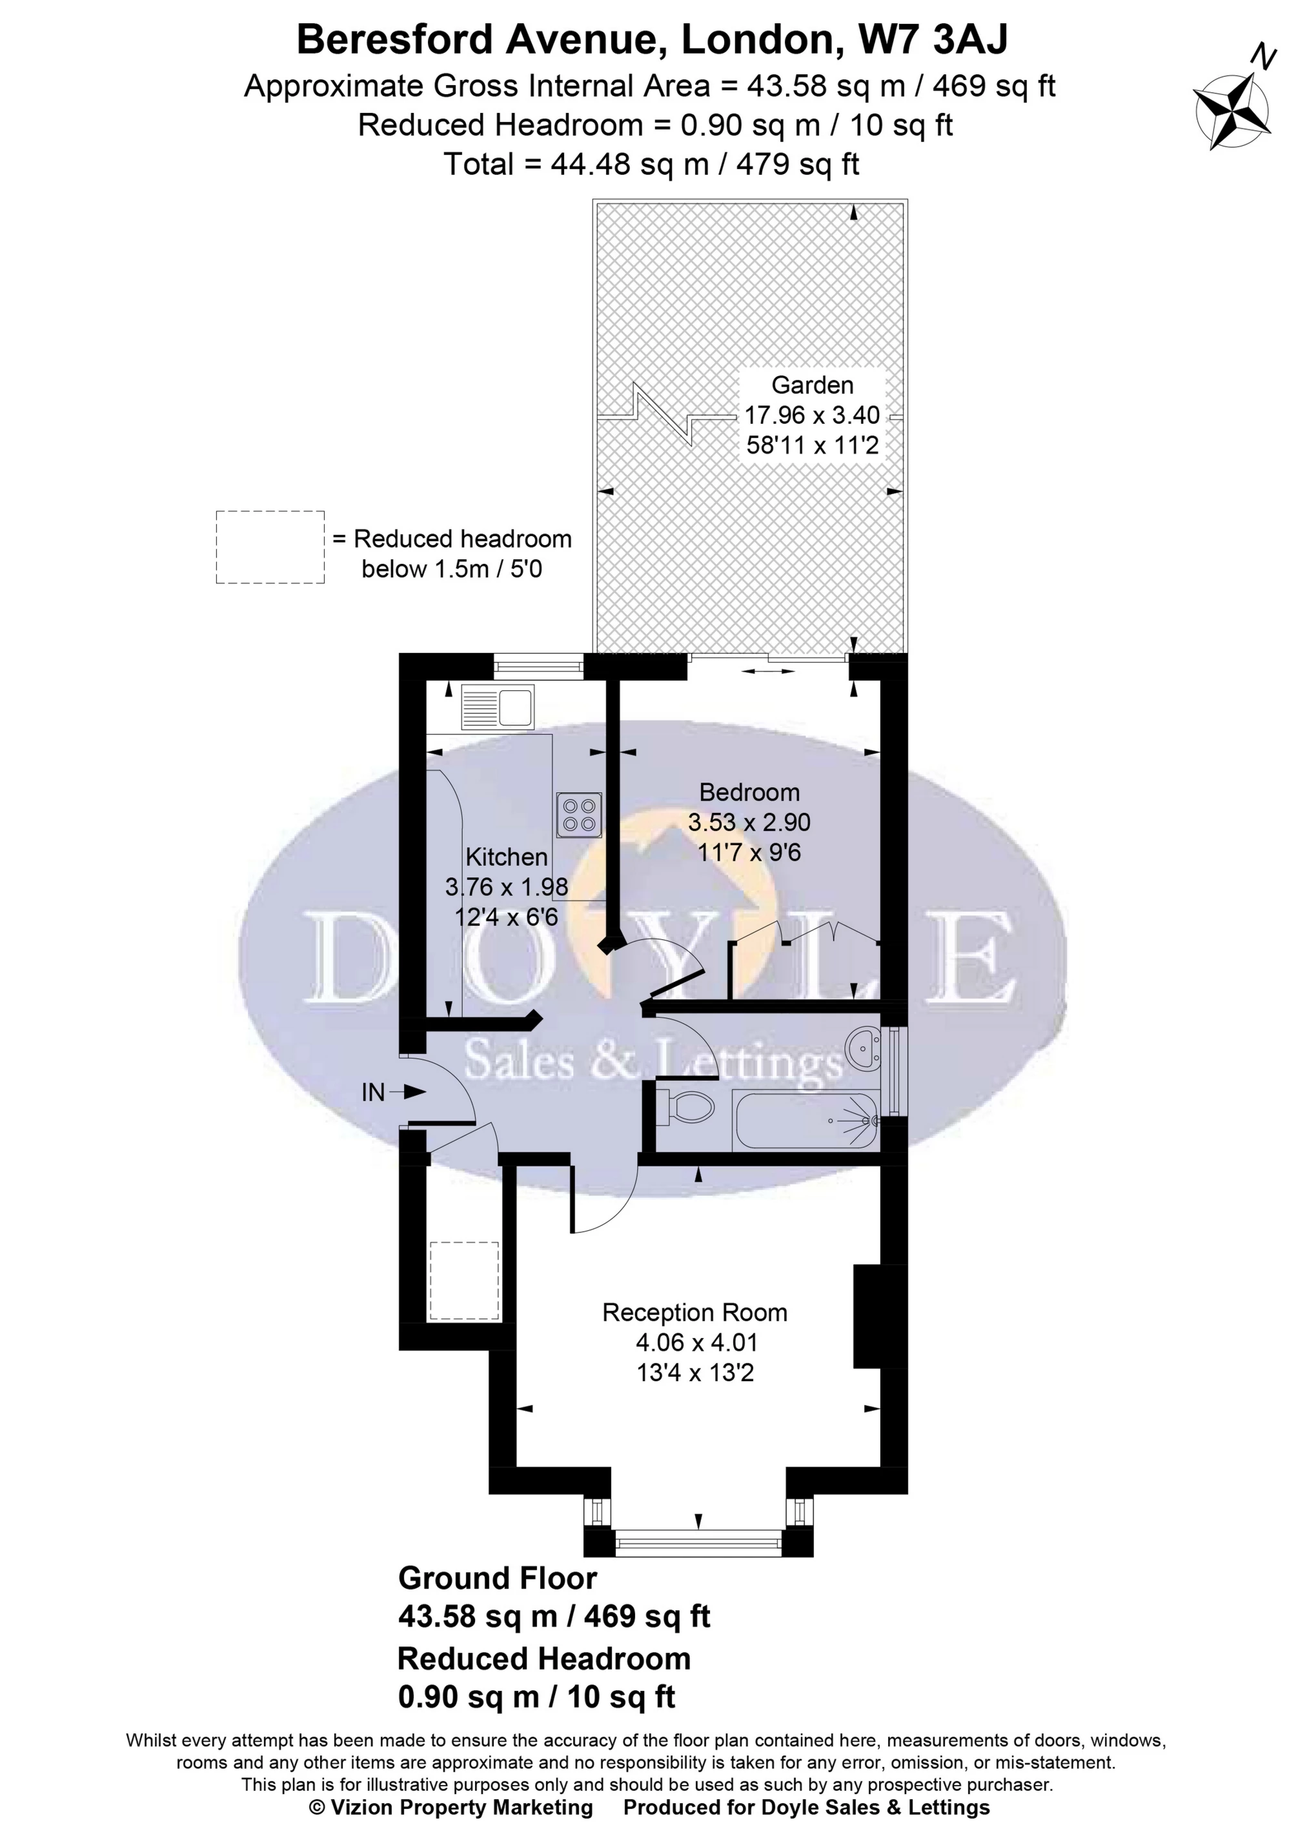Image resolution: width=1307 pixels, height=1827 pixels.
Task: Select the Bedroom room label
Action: (x=749, y=792)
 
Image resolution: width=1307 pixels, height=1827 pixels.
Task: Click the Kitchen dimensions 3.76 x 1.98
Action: (x=506, y=887)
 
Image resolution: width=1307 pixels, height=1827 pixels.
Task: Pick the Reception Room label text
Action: (x=694, y=1313)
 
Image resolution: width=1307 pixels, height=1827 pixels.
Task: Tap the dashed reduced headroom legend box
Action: (x=270, y=547)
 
